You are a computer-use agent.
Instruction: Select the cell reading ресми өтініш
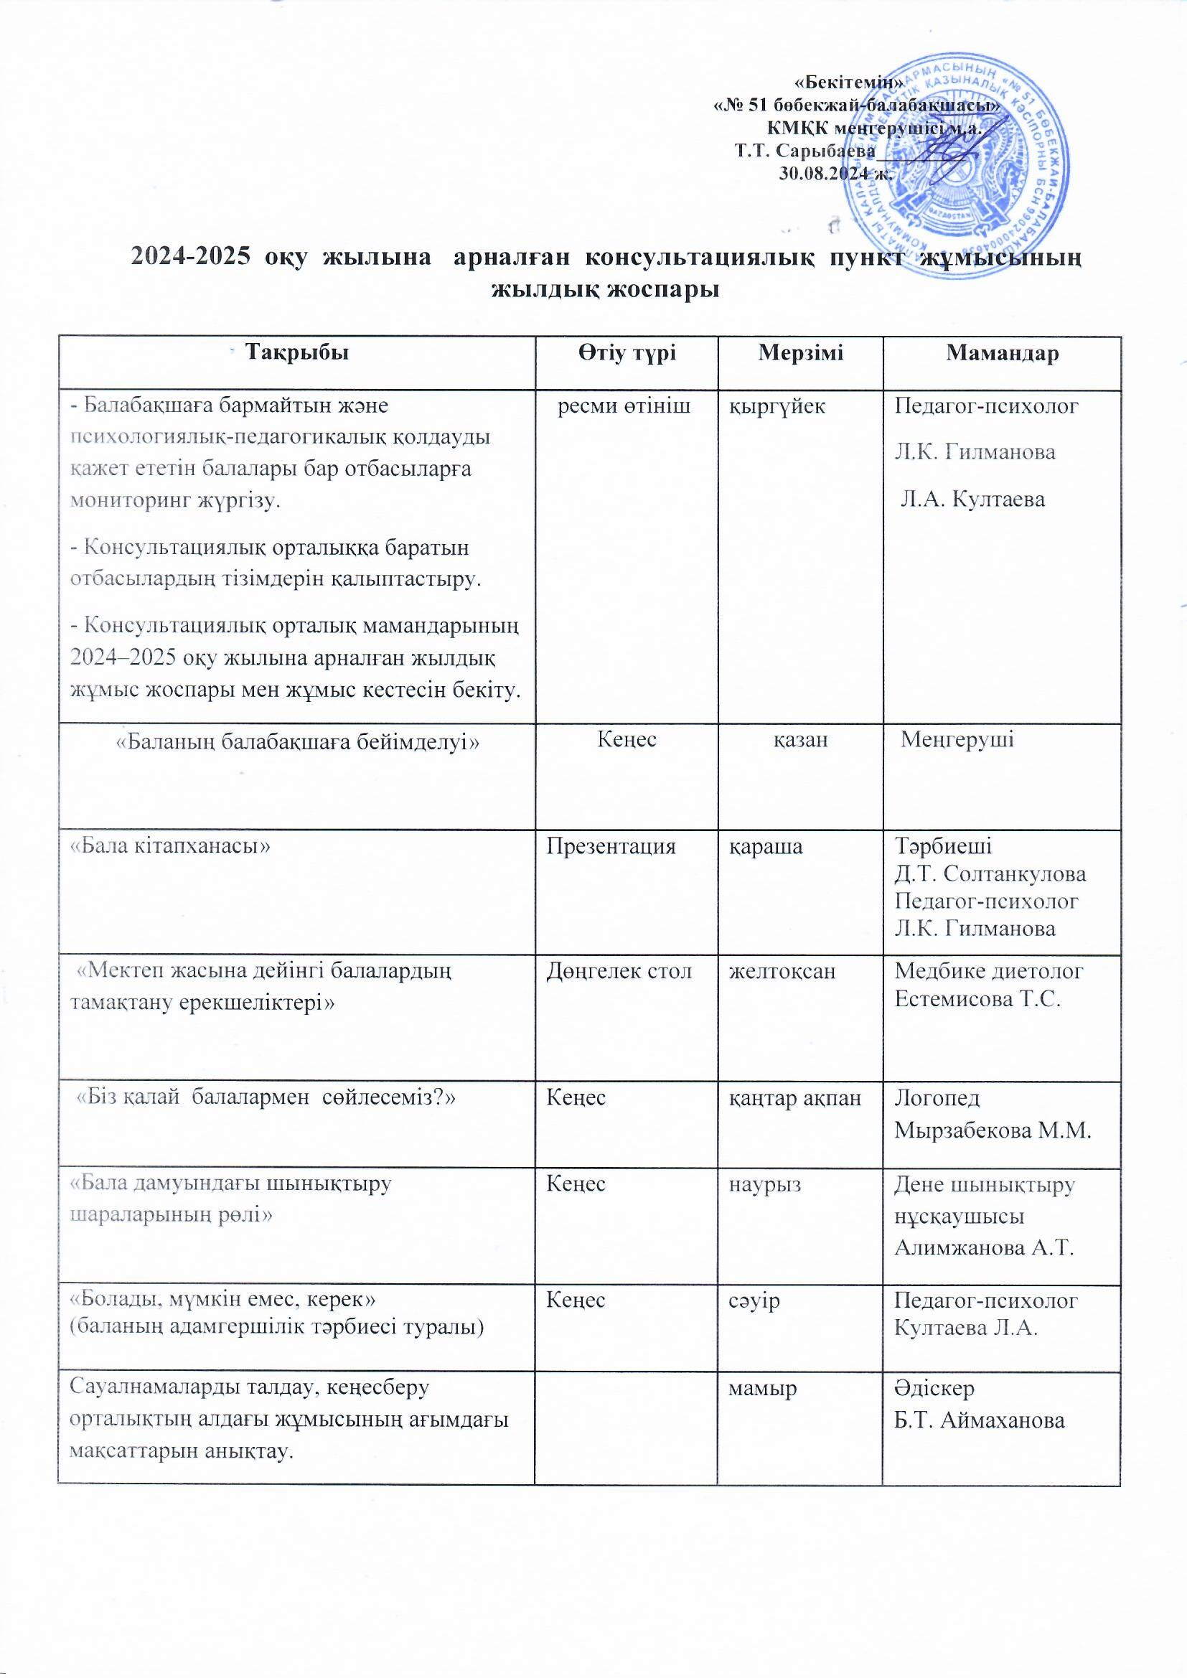click(624, 406)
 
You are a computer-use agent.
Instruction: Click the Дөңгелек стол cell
click(619, 971)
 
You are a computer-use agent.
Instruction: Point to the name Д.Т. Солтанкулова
click(990, 874)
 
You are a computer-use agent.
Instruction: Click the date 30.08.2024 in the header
click(835, 174)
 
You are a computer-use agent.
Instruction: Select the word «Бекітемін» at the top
click(848, 83)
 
